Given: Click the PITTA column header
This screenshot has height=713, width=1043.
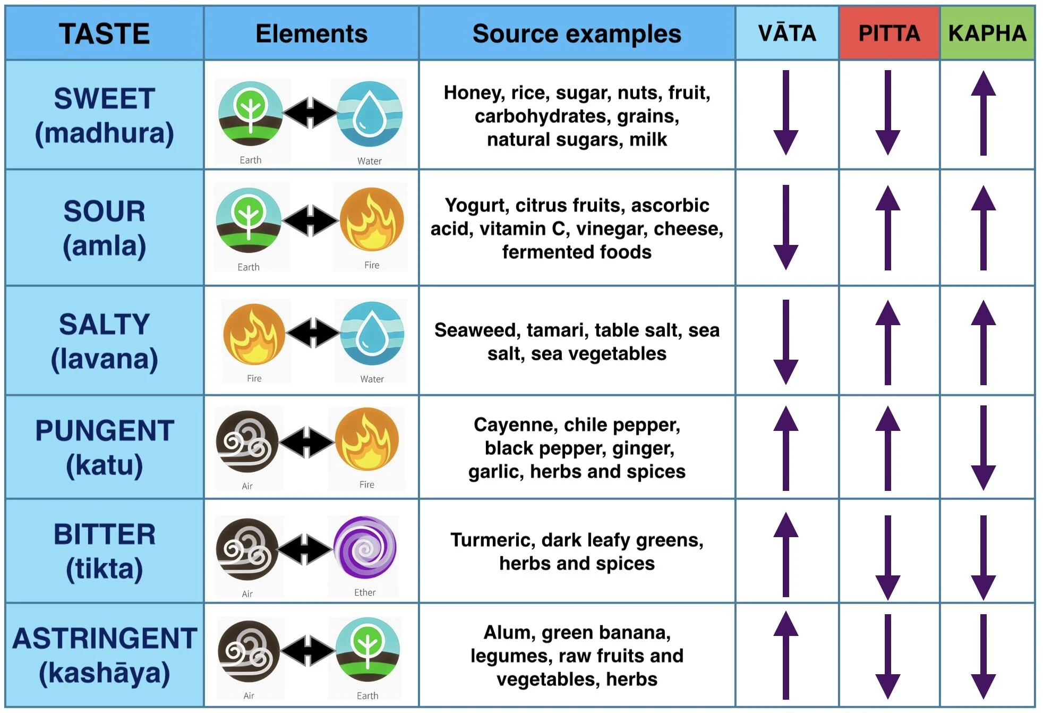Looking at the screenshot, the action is click(889, 33).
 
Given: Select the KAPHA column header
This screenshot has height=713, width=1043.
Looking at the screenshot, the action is click(987, 33).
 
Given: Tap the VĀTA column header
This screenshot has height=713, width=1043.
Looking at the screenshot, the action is click(787, 33).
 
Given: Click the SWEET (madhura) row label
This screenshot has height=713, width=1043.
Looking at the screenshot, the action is click(105, 116).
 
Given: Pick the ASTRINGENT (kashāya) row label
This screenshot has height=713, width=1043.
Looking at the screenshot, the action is click(105, 656).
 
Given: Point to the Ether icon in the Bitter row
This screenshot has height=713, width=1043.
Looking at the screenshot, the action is click(365, 547).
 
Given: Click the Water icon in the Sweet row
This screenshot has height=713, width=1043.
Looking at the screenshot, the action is click(370, 114).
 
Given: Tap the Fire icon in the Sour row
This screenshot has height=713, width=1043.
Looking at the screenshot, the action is click(372, 219).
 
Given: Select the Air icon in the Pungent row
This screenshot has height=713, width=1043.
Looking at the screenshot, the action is click(247, 442).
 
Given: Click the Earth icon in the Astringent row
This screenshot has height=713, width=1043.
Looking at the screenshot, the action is click(367, 649).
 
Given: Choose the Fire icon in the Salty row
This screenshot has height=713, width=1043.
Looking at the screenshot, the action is click(254, 334).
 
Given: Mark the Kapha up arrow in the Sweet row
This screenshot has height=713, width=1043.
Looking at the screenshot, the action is click(984, 113).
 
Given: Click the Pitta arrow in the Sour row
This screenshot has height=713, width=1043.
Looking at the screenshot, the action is click(888, 227).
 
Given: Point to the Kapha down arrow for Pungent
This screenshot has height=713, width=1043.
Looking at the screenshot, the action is click(984, 448).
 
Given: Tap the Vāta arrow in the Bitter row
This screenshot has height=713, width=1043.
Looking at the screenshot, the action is click(786, 554).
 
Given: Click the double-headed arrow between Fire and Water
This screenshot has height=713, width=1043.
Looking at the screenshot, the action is click(313, 333).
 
